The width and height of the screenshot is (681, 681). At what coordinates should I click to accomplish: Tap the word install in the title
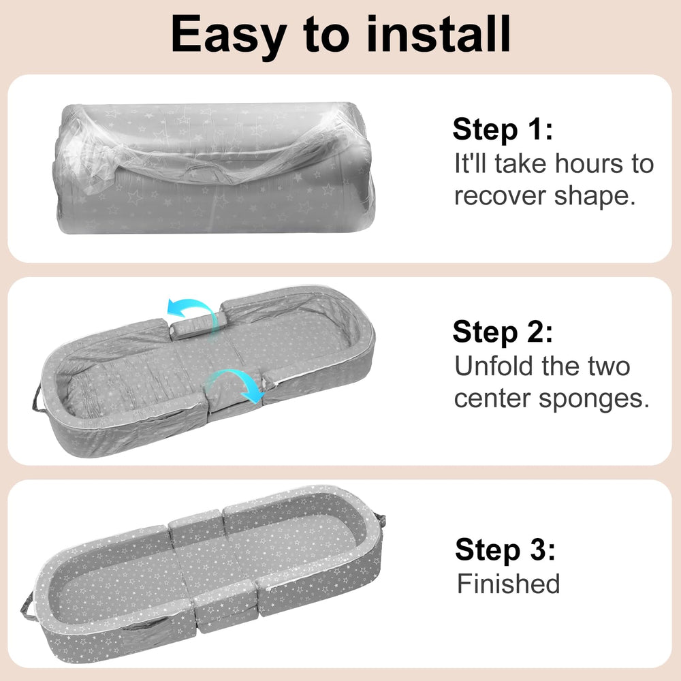(439, 34)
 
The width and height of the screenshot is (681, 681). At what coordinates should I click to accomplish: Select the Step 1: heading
(503, 129)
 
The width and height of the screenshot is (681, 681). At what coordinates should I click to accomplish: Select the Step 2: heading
(503, 332)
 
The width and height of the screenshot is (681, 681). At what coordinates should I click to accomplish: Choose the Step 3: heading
(505, 550)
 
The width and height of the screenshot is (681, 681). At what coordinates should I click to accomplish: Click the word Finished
(508, 584)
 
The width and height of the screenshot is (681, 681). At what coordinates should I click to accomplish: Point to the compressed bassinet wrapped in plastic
(216, 168)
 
